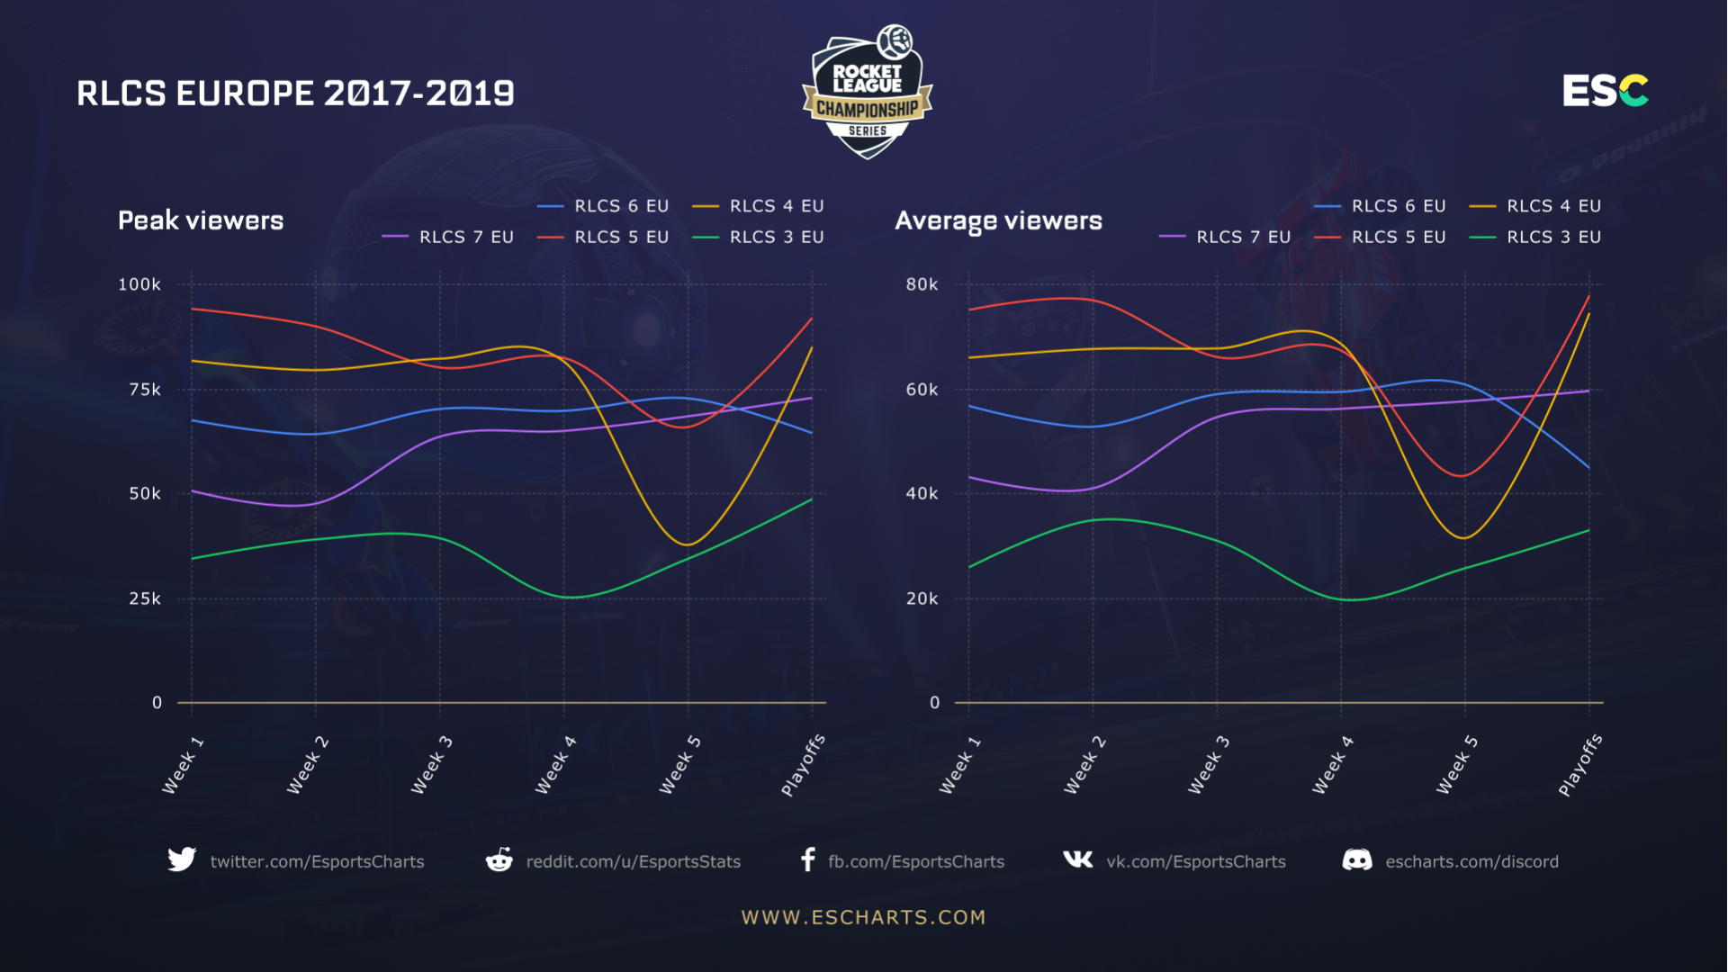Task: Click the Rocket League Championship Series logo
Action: [x=867, y=92]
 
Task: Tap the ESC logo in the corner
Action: [x=1605, y=91]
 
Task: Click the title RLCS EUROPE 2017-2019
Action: [x=295, y=94]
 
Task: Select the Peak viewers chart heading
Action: [x=201, y=220]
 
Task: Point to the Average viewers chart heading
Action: [x=998, y=220]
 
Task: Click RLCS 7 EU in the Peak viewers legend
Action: [x=465, y=237]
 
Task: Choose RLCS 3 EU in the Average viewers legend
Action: [x=1553, y=237]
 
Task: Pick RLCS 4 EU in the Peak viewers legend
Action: [x=776, y=206]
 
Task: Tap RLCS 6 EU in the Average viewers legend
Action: [x=1398, y=206]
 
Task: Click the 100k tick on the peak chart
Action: [x=139, y=284]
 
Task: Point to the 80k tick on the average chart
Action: [x=922, y=284]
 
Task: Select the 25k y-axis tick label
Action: [x=145, y=598]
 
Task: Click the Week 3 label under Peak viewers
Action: [x=432, y=765]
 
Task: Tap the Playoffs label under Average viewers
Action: [x=1580, y=765]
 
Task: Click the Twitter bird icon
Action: [x=182, y=859]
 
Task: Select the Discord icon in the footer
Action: [x=1357, y=860]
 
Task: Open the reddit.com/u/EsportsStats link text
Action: [x=633, y=861]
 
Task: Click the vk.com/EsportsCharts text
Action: [x=1195, y=861]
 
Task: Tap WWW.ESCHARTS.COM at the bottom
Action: [x=863, y=917]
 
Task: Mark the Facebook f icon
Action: [x=808, y=859]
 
